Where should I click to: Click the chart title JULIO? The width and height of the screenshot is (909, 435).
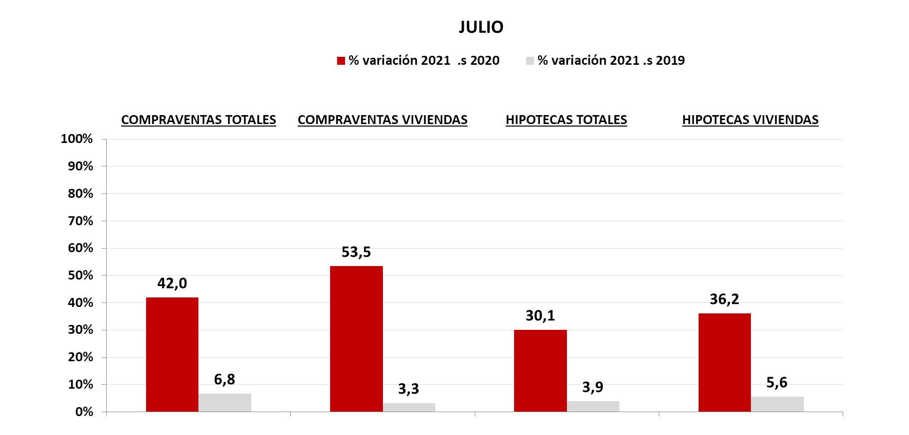click(481, 27)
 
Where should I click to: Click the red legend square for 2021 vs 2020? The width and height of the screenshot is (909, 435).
click(341, 61)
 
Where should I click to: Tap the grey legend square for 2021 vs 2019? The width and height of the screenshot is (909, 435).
click(530, 61)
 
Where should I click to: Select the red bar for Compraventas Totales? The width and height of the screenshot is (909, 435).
click(172, 354)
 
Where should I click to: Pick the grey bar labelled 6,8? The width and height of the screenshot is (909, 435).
click(225, 403)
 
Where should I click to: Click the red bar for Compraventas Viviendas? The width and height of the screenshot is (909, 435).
click(357, 339)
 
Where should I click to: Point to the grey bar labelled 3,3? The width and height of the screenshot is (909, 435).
click(409, 407)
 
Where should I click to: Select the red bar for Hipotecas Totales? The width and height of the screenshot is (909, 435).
click(541, 371)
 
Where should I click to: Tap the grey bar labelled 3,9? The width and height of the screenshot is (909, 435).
click(593, 406)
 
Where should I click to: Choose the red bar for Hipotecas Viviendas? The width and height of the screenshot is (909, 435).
click(725, 362)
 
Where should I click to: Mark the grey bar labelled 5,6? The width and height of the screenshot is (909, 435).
click(777, 404)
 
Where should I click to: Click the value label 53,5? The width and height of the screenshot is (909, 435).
click(356, 252)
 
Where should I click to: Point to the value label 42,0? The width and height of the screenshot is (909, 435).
click(172, 284)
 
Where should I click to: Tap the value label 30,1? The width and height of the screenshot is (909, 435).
click(540, 315)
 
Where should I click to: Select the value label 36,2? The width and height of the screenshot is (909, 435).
click(724, 299)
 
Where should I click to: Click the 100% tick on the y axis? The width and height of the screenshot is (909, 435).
click(77, 139)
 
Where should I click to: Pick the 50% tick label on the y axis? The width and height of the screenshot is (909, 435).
click(80, 276)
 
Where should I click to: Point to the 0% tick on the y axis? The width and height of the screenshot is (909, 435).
click(84, 412)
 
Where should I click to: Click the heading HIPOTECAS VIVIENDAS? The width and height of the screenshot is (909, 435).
click(750, 120)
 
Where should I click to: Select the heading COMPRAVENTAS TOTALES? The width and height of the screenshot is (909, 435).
click(198, 120)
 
